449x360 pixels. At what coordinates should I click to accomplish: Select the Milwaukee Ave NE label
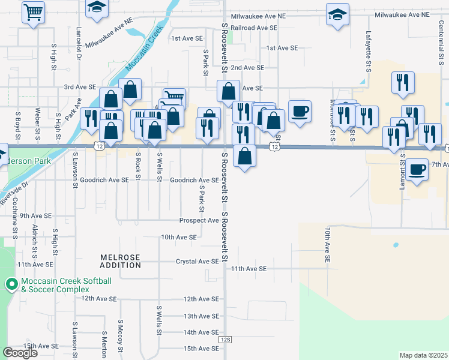pos(403,14)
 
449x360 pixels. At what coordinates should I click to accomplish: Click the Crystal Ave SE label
pos(197,262)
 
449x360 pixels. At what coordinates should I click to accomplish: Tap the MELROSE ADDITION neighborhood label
pos(120,261)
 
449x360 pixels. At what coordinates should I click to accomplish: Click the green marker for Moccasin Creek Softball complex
pos(11,284)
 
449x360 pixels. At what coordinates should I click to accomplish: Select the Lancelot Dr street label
pos(79,45)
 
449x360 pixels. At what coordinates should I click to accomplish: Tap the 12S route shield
pos(225,339)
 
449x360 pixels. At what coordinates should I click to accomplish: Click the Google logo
pos(20,353)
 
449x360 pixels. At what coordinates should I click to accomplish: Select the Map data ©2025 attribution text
pos(423,355)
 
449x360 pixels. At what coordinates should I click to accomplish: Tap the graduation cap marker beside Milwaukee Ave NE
pos(337,14)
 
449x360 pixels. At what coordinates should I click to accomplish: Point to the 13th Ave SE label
pos(200,316)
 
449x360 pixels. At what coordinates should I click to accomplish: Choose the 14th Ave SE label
pos(200,332)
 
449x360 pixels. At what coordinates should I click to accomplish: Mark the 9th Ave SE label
pos(33,215)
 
